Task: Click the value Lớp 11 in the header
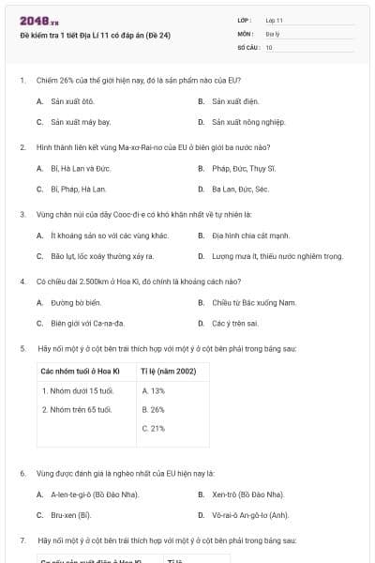pos(274,20)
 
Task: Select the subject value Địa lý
pos(271,33)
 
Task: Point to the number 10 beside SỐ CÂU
pos(269,46)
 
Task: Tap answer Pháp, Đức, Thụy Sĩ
pos(244,168)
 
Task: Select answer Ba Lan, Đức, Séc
pos(240,189)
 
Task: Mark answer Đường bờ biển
pos(75,302)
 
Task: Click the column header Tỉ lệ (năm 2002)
pos(168,372)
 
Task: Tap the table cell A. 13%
pos(153,390)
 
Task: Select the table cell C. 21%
pos(153,428)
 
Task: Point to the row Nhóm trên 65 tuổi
pos(77,409)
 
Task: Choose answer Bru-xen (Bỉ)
pos(71,515)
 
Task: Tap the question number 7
pos(22,541)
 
